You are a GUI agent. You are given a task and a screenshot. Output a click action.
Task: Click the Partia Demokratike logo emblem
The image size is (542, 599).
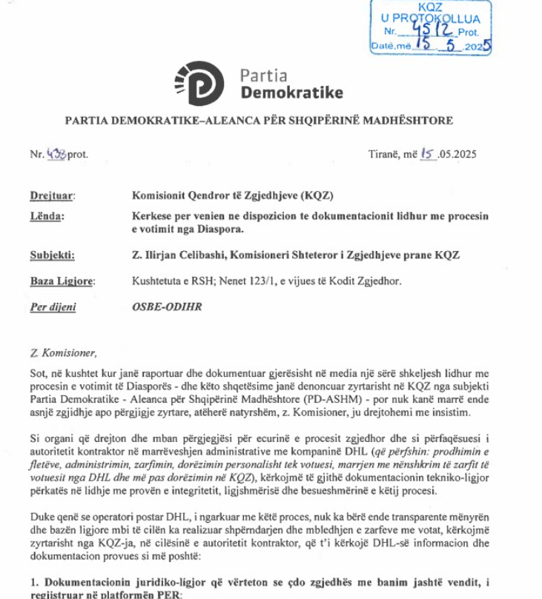198,84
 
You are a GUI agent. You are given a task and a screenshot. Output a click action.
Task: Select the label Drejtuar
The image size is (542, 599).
53,195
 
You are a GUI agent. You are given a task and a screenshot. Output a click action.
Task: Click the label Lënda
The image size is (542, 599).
47,215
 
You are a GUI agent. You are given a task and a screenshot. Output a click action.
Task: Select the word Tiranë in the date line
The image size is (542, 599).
385,155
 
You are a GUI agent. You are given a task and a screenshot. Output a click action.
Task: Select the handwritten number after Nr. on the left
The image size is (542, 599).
56,155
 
